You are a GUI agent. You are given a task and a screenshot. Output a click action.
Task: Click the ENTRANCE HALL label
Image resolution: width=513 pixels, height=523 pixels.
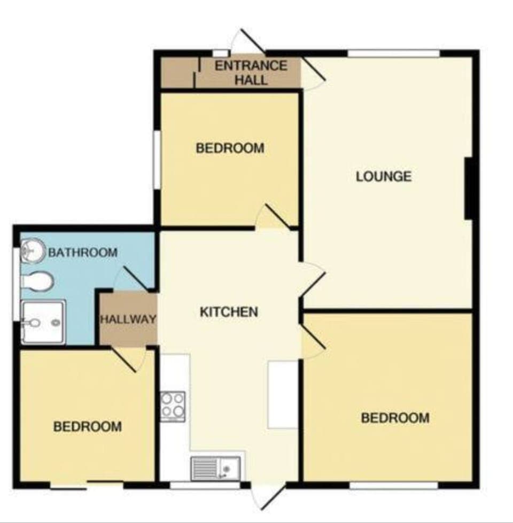click(x=251, y=73)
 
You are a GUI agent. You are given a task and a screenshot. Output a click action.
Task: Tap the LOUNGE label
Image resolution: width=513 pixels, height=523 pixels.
click(x=384, y=176)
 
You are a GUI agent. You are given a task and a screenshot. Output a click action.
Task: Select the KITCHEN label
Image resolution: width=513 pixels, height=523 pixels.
click(x=229, y=312)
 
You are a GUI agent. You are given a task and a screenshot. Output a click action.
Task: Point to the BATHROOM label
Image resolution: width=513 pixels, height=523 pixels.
click(x=83, y=253)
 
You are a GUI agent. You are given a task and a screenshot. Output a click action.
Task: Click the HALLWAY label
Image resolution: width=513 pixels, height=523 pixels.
click(x=128, y=319)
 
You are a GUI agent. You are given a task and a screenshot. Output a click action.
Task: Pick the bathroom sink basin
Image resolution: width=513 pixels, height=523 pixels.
click(x=33, y=251)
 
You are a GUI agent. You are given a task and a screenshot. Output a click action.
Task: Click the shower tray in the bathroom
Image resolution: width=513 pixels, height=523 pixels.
click(x=43, y=322)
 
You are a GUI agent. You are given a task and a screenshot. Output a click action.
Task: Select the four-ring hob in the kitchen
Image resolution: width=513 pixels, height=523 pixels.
click(x=173, y=407)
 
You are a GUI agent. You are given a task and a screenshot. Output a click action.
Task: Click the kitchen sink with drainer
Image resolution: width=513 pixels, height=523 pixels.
click(x=215, y=469)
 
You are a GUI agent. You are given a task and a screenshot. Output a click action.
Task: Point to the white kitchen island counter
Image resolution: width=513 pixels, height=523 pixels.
click(x=282, y=394)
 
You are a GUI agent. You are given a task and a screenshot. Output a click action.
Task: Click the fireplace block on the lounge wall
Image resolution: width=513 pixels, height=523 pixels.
click(x=468, y=188)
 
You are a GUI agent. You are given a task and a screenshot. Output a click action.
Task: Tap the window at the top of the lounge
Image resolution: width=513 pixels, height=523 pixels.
click(x=393, y=53)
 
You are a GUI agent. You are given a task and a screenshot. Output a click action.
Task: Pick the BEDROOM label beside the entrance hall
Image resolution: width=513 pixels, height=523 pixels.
click(x=230, y=148)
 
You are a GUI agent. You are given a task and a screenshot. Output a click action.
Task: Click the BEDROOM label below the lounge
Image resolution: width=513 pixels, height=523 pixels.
click(x=395, y=418)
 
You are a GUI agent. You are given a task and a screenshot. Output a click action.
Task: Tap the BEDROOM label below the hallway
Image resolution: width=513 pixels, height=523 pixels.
click(x=87, y=426)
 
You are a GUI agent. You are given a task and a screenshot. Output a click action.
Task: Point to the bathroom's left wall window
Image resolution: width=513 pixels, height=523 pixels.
click(x=16, y=284)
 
